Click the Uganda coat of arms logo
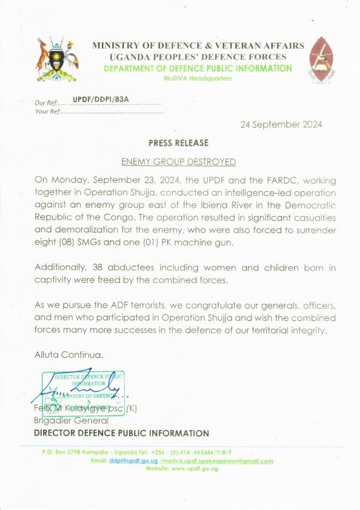coord(56,60)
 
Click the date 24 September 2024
coord(281,125)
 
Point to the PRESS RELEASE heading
coord(178,143)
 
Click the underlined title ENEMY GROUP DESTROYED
coord(178,162)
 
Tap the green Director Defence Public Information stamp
coord(83,392)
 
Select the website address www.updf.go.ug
coord(194,468)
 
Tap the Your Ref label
coord(47,111)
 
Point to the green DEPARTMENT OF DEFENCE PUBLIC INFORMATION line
coord(197,69)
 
